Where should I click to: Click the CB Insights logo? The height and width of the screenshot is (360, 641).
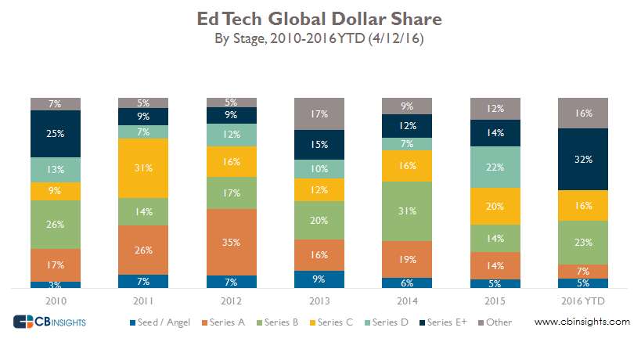pos(49,322)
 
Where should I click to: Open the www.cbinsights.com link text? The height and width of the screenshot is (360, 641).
pos(582,322)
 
